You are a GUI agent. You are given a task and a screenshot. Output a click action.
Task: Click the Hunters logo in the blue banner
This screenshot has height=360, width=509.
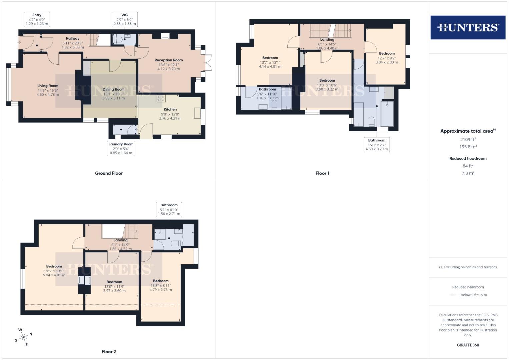click(x=468, y=27)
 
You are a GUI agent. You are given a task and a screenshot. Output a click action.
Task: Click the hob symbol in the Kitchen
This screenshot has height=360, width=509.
click(x=161, y=98)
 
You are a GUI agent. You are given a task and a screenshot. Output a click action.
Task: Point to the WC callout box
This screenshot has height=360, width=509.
click(x=124, y=19)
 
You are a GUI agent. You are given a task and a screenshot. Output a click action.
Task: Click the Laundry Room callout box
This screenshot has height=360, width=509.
click(x=121, y=149)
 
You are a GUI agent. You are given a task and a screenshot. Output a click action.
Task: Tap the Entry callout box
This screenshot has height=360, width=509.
click(x=37, y=19)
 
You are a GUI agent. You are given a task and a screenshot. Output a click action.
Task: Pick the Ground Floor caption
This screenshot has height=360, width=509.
click(x=109, y=173)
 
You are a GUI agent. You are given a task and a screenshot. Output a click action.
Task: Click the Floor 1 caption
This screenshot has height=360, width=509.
click(x=322, y=173)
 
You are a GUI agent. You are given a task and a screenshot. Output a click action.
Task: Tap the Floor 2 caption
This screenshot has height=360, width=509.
click(x=109, y=352)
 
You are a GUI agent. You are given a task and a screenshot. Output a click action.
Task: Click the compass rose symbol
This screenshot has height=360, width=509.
click(x=23, y=337)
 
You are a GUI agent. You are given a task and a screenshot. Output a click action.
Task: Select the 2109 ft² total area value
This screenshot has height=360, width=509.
click(x=468, y=140)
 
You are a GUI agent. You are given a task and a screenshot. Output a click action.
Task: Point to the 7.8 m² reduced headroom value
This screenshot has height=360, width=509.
click(x=468, y=173)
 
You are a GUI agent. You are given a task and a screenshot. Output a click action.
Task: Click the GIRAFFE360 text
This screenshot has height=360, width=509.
click(x=468, y=345)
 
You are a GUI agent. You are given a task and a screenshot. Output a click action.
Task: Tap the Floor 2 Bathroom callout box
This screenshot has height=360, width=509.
click(x=169, y=209)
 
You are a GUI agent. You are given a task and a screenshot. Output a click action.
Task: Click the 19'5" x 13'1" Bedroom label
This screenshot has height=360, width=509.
click(x=54, y=271)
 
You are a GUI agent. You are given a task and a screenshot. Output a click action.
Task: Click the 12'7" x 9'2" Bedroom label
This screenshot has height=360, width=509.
click(x=387, y=58)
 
